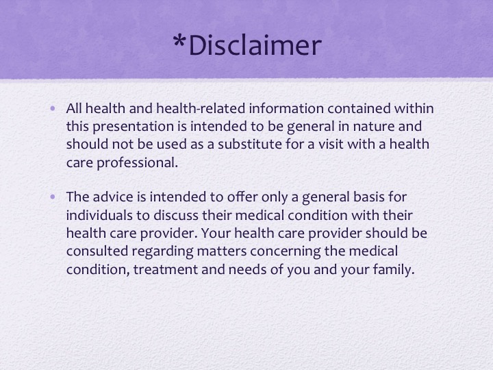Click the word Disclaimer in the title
pos(255,45)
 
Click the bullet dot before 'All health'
pos(53,109)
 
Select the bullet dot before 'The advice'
pos(53,197)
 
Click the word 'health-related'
pos(201,108)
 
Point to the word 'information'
pos(286,108)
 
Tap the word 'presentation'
pos(133,127)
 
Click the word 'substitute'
pos(250,144)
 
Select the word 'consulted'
pos(97,251)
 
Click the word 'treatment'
pos(166,270)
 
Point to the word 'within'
pos(414,108)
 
